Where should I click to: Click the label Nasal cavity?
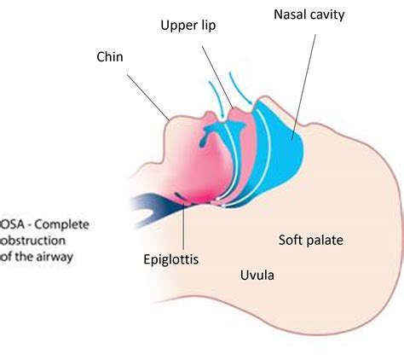(309, 15)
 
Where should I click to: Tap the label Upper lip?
(188, 26)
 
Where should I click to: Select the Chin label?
(110, 57)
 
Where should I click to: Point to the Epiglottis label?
(171, 260)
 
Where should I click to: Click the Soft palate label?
(311, 241)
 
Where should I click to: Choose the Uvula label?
(257, 276)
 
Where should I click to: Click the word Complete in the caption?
(62, 225)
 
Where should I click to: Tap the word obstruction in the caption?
(32, 241)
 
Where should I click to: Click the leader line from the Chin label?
(148, 97)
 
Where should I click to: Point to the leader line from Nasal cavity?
(303, 87)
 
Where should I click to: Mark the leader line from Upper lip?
(218, 78)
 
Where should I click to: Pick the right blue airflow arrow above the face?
(239, 88)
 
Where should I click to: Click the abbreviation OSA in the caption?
(12, 225)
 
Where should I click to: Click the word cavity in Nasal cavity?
(327, 15)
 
